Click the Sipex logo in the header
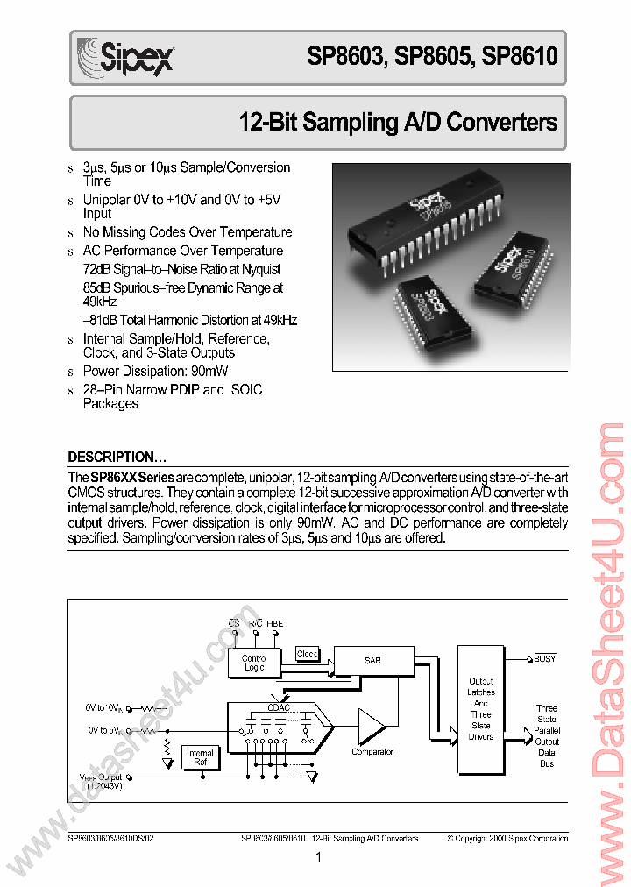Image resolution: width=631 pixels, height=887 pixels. point(125,58)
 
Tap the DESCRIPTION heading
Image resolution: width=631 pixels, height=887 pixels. point(117,458)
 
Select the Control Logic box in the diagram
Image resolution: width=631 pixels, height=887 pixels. point(253,663)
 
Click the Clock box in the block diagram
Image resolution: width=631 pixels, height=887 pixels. point(307,654)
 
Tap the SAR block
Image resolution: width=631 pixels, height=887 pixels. point(372,660)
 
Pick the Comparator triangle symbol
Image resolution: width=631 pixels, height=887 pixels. point(371,726)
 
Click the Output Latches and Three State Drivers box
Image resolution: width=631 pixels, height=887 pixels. point(480,709)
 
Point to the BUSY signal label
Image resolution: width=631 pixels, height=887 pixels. point(544,658)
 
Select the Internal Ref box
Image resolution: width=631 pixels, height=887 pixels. point(200,758)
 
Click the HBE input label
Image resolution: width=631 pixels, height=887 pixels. point(276,624)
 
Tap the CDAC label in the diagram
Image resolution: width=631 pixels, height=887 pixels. point(280,707)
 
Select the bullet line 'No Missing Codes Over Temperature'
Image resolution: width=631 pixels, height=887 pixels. point(187,232)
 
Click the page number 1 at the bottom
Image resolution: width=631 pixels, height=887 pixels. point(318,858)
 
